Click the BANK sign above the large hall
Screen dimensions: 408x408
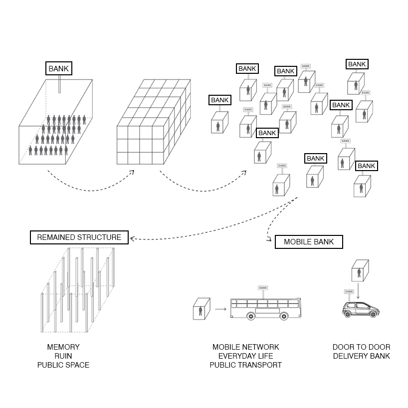(59, 68)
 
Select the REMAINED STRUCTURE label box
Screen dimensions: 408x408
(79, 237)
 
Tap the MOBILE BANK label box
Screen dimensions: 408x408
(309, 242)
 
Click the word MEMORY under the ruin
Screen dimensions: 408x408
(63, 347)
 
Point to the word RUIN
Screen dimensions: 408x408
(63, 356)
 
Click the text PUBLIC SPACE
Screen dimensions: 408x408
(63, 365)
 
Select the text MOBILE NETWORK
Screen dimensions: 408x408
(245, 347)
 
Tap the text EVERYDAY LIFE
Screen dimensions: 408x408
(245, 356)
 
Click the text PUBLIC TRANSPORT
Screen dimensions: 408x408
(245, 365)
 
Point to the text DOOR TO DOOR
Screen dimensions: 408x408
(361, 347)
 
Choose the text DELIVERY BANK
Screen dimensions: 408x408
(361, 356)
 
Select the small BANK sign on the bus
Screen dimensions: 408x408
(263, 288)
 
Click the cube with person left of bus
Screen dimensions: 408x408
(201, 309)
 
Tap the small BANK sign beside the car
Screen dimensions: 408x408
(349, 291)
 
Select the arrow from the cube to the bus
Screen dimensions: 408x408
(220, 310)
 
